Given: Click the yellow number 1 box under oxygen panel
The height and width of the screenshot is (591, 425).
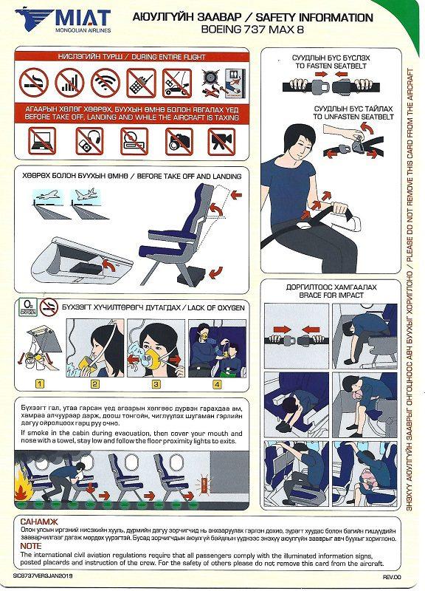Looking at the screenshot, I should [x=40, y=383].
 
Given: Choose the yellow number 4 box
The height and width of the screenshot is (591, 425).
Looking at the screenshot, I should [x=216, y=383].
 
